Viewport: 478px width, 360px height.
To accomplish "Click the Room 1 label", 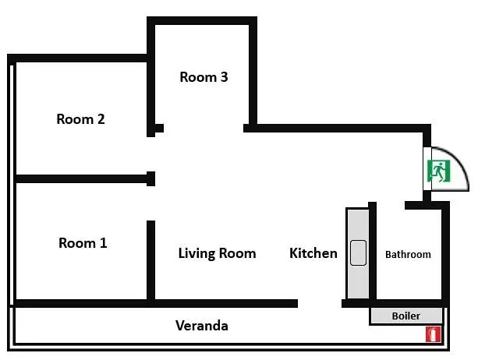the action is pyautogui.click(x=83, y=243).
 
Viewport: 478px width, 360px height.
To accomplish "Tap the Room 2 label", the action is pyautogui.click(x=80, y=119).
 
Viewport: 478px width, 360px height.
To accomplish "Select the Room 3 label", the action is pyautogui.click(x=204, y=77).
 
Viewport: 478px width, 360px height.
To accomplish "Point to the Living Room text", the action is pyautogui.click(x=217, y=253).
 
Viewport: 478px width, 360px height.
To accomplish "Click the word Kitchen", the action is pyautogui.click(x=313, y=253).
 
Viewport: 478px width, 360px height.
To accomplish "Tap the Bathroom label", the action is pyautogui.click(x=408, y=254).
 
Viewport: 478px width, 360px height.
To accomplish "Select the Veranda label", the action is pyautogui.click(x=202, y=326).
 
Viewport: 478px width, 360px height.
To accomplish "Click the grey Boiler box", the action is pyautogui.click(x=405, y=316).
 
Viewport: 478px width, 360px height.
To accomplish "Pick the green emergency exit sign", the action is pyautogui.click(x=439, y=171).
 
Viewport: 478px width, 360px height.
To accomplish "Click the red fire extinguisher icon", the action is pyautogui.click(x=434, y=334).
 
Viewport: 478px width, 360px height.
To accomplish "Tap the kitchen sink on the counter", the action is pyautogui.click(x=358, y=252).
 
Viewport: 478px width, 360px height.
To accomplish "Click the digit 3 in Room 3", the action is pyautogui.click(x=225, y=77).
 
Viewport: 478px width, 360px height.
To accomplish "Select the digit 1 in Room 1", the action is pyautogui.click(x=104, y=243).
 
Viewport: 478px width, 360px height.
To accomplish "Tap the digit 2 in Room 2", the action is pyautogui.click(x=101, y=119).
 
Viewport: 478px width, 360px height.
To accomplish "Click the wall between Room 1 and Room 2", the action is pyautogui.click(x=85, y=178).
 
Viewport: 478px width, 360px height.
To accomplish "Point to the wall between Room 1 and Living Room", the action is pyautogui.click(x=151, y=262).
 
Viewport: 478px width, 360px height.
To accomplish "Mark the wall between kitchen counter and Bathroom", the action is pyautogui.click(x=372, y=252).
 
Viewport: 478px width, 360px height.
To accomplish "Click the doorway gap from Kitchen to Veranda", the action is pyautogui.click(x=320, y=303).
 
